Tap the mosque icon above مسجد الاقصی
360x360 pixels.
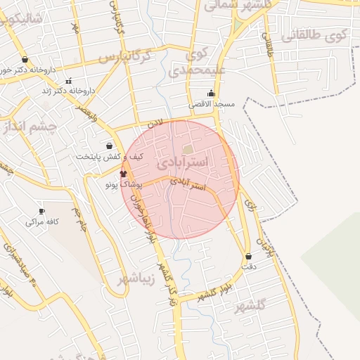pyautogui.click(x=211, y=94)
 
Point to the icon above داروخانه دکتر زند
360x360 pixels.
pyautogui.click(x=69, y=80)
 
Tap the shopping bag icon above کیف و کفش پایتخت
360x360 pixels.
pyautogui.click(x=109, y=146)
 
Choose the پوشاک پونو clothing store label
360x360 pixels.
pyautogui.click(x=123, y=184)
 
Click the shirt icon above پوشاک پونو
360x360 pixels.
pyautogui.click(x=124, y=173)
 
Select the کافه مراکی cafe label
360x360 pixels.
pyautogui.click(x=42, y=221)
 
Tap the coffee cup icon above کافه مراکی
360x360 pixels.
pyautogui.click(x=41, y=211)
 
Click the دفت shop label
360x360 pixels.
pyautogui.click(x=249, y=267)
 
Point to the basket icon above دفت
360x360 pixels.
pyautogui.click(x=248, y=257)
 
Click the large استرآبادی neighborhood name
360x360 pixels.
pyautogui.click(x=183, y=163)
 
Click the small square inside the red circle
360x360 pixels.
pyautogui.click(x=188, y=149)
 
